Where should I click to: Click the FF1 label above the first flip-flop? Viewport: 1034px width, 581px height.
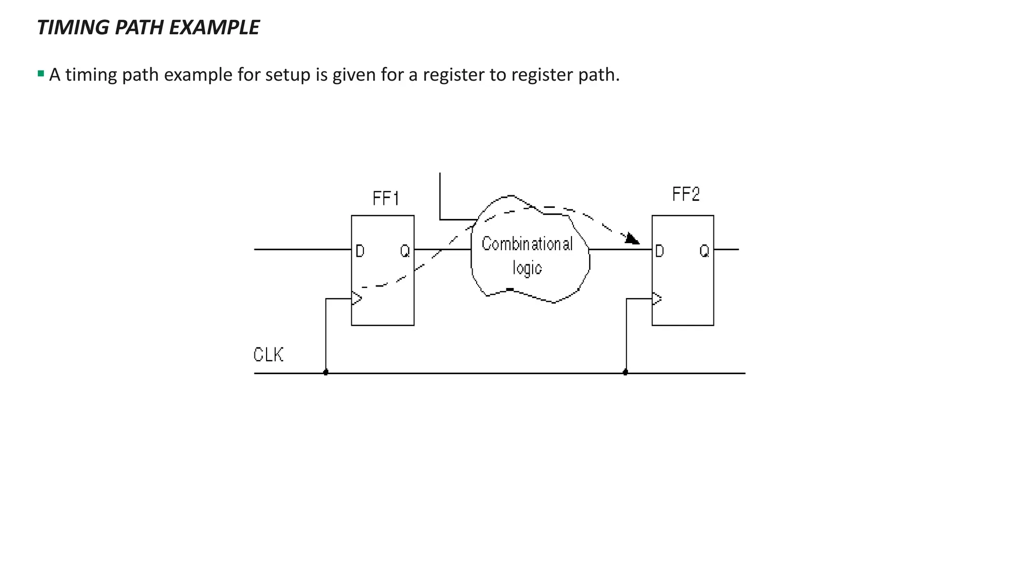click(386, 198)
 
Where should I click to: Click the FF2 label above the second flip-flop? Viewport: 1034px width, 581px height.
click(686, 194)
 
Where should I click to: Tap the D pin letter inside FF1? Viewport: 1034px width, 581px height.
click(359, 251)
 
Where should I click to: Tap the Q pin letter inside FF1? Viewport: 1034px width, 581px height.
click(405, 251)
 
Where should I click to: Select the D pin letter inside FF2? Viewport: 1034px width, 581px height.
click(659, 251)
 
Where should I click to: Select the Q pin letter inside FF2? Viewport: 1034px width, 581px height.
click(704, 251)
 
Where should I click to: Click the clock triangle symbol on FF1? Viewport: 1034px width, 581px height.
click(356, 299)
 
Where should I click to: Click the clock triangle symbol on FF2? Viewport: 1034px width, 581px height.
click(656, 299)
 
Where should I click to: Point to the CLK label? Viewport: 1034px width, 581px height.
click(268, 355)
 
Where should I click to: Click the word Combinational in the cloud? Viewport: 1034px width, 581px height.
click(527, 244)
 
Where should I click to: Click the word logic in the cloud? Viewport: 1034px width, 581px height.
click(527, 268)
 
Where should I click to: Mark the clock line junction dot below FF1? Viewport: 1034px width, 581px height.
click(326, 372)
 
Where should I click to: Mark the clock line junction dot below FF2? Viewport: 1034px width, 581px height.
click(626, 372)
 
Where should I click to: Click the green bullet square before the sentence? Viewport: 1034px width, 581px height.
click(41, 74)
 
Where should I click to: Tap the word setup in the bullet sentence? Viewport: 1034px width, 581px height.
click(287, 75)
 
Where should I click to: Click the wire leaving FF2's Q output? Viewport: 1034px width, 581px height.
click(727, 249)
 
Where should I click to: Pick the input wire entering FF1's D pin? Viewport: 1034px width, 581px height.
click(303, 249)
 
